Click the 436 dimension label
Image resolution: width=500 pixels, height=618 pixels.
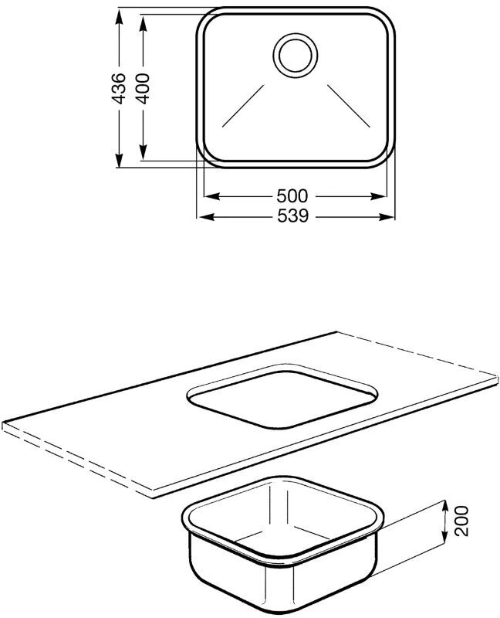click(119, 89)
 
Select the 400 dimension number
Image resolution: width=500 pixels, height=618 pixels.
click(143, 89)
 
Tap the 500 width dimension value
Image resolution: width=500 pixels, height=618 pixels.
click(292, 196)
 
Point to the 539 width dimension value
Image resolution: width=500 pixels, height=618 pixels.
click(293, 216)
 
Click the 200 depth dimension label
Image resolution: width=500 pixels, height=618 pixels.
click(461, 521)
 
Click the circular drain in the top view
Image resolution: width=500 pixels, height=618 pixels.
click(296, 55)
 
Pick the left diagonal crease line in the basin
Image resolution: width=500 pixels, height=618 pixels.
click(243, 106)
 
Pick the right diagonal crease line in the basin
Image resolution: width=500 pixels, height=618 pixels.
click(349, 106)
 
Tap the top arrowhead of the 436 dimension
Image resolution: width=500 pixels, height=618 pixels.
click(119, 15)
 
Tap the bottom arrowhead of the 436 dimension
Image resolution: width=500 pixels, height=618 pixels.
click(119, 159)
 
